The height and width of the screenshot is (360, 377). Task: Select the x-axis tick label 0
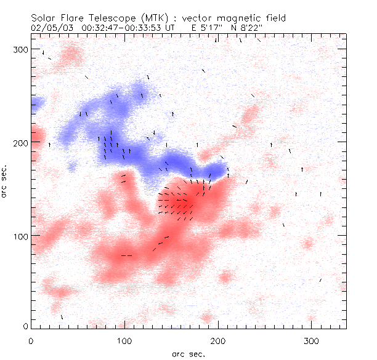pyautogui.click(x=31, y=340)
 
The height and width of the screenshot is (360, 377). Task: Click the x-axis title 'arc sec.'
pyautogui.click(x=188, y=354)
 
